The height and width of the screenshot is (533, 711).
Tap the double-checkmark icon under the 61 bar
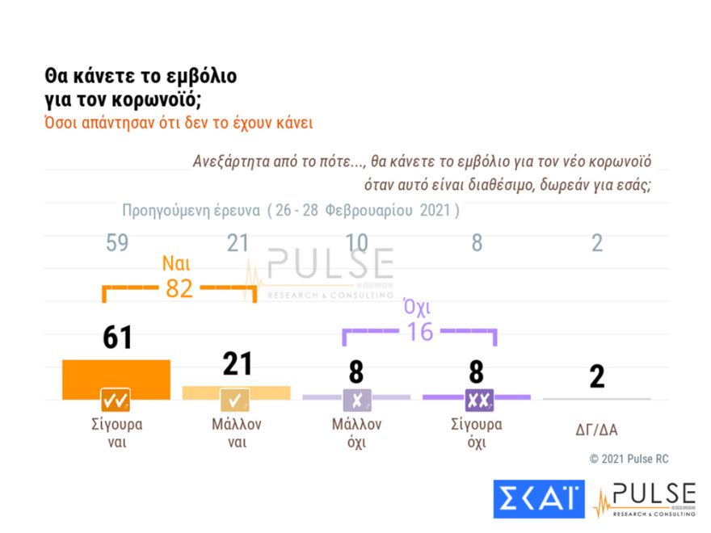tap(116, 399)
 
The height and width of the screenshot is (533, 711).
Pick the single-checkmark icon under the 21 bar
tap(236, 399)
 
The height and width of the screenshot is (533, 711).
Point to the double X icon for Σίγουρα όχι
tap(476, 399)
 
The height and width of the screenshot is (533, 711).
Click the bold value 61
tap(117, 338)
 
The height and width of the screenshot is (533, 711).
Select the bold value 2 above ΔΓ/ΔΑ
tap(596, 376)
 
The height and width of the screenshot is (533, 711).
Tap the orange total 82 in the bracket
tap(179, 288)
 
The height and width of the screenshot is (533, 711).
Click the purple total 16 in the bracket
tap(419, 330)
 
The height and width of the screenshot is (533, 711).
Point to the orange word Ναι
tap(176, 263)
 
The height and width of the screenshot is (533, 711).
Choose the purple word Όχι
tap(417, 307)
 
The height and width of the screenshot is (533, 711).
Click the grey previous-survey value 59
tap(117, 243)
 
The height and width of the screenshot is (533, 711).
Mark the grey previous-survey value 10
tap(356, 243)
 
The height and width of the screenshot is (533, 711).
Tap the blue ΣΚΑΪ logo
tap(538, 499)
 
